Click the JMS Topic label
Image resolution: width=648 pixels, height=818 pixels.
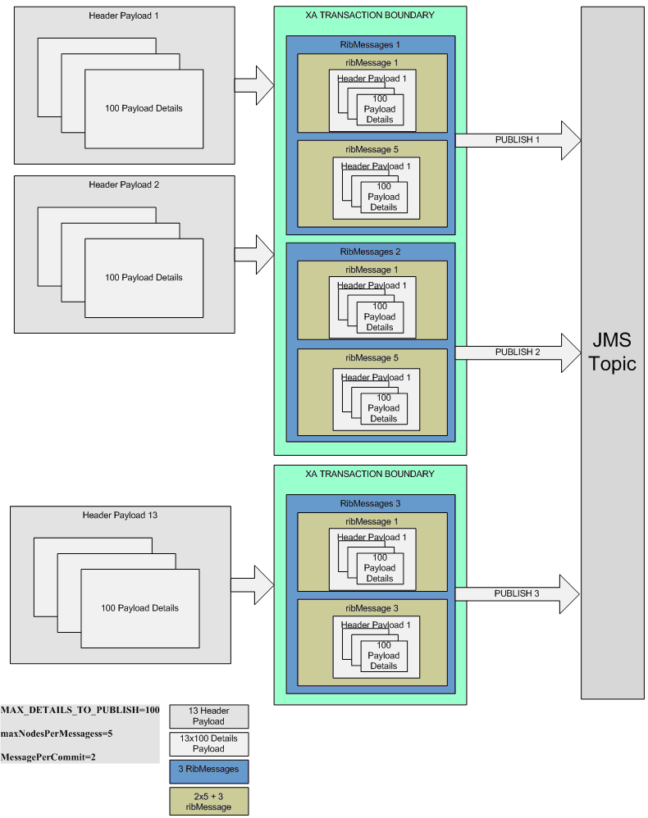click(x=612, y=352)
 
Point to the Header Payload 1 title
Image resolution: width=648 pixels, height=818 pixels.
click(x=123, y=16)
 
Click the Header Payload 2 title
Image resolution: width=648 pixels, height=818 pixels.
click(x=123, y=185)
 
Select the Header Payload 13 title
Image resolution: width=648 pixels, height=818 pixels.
click(x=120, y=516)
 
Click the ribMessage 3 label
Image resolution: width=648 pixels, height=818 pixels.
click(x=372, y=609)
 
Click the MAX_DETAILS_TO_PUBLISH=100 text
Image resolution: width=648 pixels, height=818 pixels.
click(x=80, y=710)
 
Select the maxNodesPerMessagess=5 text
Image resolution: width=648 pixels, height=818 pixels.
click(x=57, y=734)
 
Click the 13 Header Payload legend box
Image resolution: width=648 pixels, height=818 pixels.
click(x=208, y=716)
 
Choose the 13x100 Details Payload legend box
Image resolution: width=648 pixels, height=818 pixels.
click(x=208, y=743)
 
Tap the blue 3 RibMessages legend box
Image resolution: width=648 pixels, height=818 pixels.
click(x=208, y=771)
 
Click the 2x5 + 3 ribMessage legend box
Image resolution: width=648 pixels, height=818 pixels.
click(x=208, y=800)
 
